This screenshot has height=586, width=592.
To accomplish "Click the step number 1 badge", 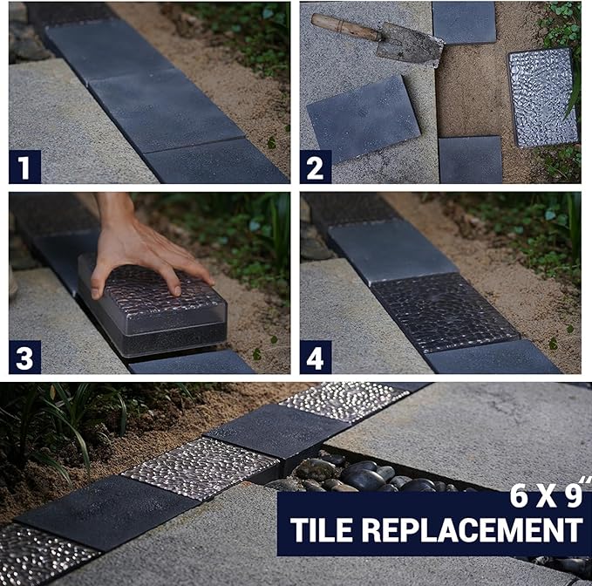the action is click(24, 167).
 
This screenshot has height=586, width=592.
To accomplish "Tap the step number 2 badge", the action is click(316, 167).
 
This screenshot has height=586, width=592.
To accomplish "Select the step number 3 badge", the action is click(24, 358).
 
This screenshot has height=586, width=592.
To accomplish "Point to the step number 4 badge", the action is click(316, 358).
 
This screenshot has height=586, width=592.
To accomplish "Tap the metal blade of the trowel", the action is click(410, 44).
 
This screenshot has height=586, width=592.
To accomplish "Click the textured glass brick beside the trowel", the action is click(543, 98).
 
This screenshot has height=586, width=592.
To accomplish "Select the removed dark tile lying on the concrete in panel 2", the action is click(364, 118).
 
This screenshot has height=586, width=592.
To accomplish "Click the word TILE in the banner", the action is click(323, 529).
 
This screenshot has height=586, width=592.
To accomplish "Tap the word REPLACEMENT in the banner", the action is click(473, 529).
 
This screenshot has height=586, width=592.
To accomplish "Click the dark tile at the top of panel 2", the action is click(464, 23).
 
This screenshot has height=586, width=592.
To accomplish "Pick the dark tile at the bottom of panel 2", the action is click(471, 160).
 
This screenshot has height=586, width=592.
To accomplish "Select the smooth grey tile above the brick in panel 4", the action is click(392, 251).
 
